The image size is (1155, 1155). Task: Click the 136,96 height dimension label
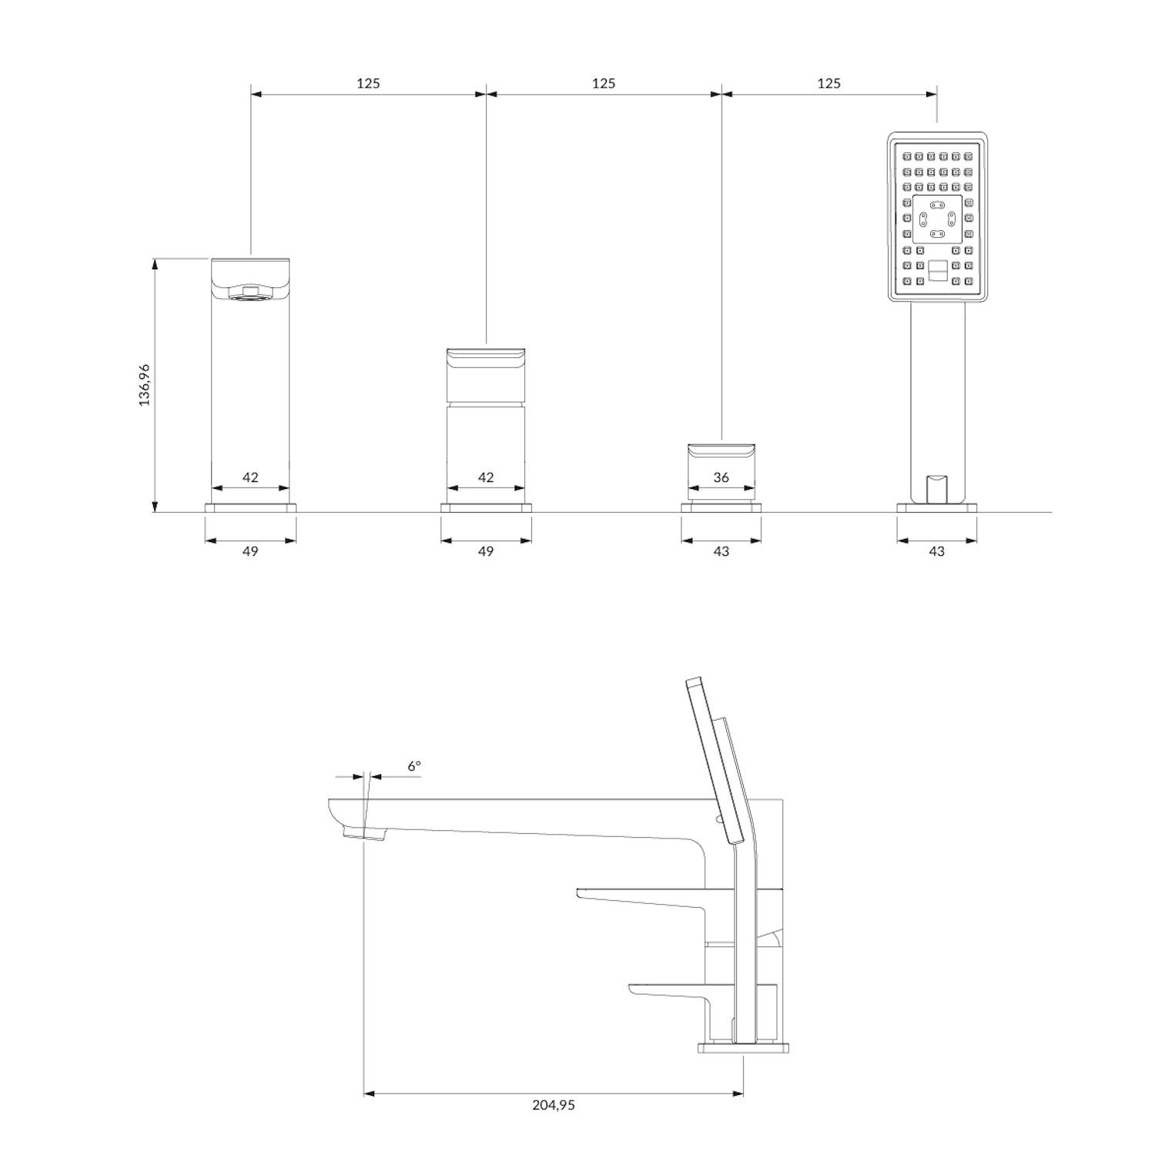coord(144,385)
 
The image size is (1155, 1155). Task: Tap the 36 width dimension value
coord(721,477)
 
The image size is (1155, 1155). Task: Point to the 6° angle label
coord(414,766)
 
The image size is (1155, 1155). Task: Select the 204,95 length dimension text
coord(554,1105)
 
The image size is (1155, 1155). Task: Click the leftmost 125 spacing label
coord(368,83)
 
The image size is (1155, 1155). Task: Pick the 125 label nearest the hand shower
coord(829,83)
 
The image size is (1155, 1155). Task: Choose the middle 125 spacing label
coord(604,83)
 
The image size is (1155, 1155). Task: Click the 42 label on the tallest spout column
coord(250,477)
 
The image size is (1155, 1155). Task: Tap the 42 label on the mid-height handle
coord(486,477)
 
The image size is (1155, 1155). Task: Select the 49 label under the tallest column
coord(250,551)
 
